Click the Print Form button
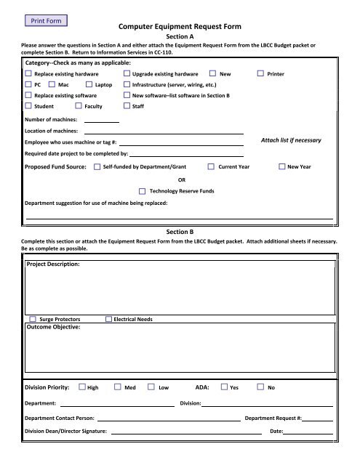(45, 20)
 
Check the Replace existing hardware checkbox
(28, 74)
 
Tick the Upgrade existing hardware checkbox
(127, 74)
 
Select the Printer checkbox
(261, 74)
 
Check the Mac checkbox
(53, 85)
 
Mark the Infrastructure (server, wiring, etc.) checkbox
(127, 85)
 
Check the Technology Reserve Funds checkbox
(143, 190)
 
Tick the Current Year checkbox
(211, 167)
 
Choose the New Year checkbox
(282, 167)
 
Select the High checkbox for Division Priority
(81, 388)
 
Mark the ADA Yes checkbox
(224, 388)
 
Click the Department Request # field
(319, 419)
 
